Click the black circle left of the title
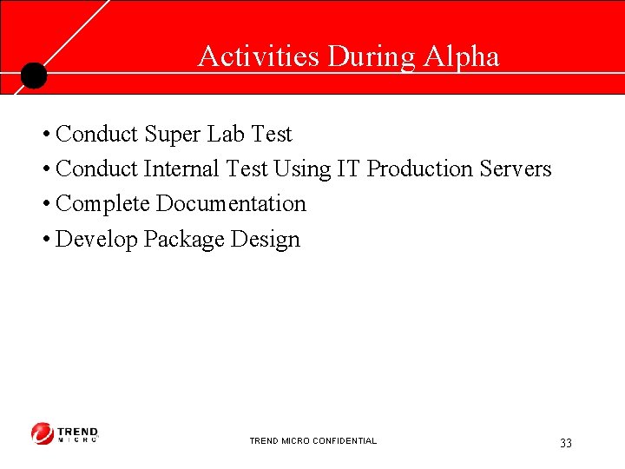[33, 76]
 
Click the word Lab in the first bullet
[226, 135]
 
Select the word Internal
[182, 169]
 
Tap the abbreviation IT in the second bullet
[348, 169]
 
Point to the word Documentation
[231, 204]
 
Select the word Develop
[96, 240]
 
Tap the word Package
[185, 240]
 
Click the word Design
[266, 240]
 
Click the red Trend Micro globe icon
[43, 433]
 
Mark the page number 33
[566, 444]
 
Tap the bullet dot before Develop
[44, 241]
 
